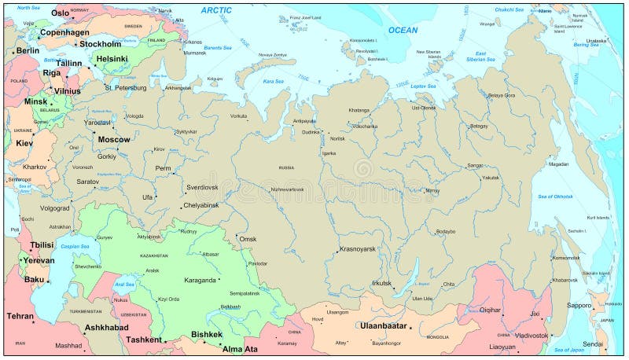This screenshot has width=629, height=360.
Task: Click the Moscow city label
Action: point(114,139)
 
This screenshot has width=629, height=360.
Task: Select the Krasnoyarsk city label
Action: point(357,249)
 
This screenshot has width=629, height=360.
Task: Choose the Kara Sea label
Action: point(274,81)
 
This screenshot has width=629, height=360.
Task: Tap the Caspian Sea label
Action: point(75,246)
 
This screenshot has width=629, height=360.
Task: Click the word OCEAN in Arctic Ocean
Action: point(403,30)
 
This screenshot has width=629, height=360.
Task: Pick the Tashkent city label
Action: point(144,340)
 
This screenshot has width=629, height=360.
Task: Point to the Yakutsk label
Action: point(490,178)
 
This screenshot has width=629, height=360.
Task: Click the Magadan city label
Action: point(558,164)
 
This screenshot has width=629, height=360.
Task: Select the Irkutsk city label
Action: point(381,283)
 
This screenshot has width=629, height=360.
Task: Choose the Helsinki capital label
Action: point(112,58)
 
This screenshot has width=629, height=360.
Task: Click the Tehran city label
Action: point(20,316)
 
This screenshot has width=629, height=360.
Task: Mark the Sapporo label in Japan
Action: point(579,305)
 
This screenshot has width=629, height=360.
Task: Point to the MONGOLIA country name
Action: point(437,336)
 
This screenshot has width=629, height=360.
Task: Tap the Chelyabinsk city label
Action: point(206,205)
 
